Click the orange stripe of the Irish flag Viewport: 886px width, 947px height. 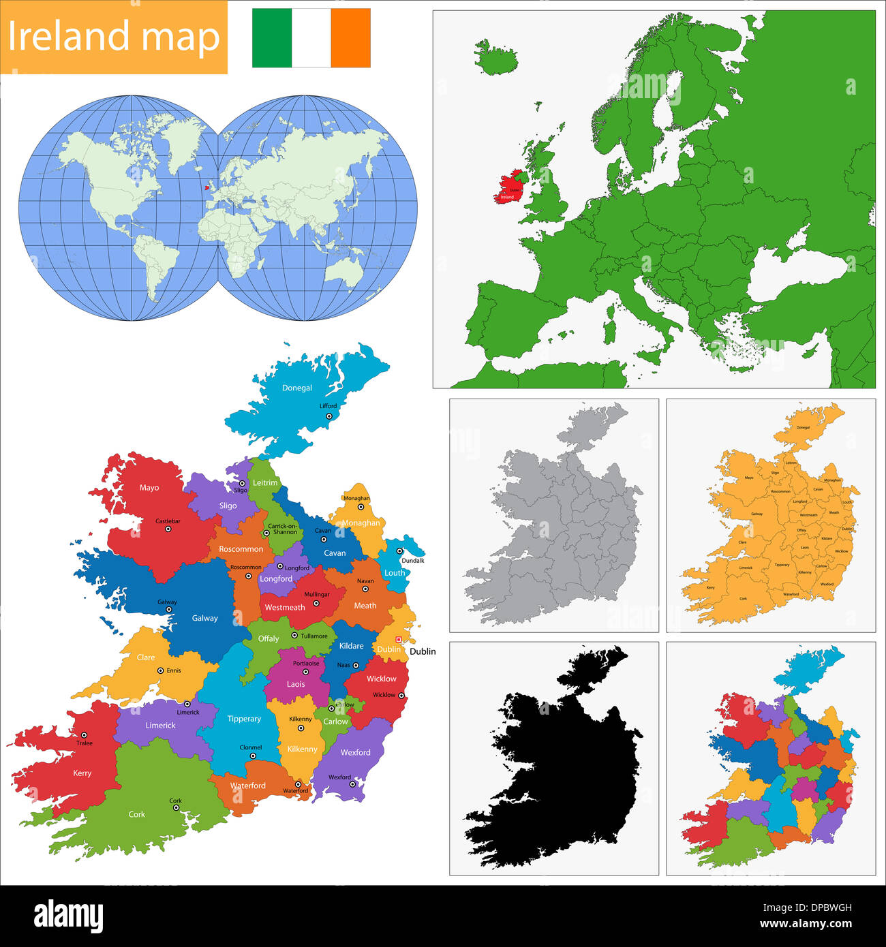[351, 37]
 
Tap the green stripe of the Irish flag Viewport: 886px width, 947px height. [272, 37]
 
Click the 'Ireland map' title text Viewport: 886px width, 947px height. [114, 37]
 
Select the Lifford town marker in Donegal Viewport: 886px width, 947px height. [329, 416]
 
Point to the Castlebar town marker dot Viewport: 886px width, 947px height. [168, 529]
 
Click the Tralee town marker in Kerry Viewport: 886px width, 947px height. [85, 735]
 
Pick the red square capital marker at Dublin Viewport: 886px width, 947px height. [399, 640]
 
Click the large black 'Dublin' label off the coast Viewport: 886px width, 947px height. [423, 651]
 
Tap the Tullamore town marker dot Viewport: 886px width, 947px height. [294, 636]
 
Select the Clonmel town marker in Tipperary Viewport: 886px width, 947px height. [253, 756]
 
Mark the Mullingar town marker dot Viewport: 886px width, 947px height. [316, 603]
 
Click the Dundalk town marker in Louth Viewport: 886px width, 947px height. [400, 551]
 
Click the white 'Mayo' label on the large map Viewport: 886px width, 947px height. [149, 488]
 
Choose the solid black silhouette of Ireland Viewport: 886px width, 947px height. [559, 770]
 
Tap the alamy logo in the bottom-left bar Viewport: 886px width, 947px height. [68, 916]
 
